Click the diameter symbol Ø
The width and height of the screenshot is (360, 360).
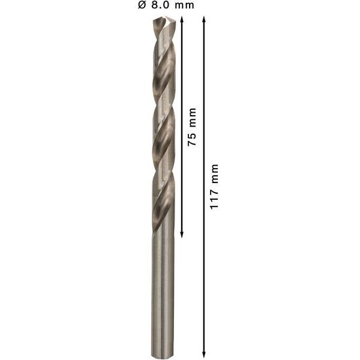pyautogui.click(x=142, y=5)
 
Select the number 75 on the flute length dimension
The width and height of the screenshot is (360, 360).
pyautogui.click(x=192, y=139)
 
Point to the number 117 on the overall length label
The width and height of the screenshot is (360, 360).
pyautogui.click(x=214, y=199)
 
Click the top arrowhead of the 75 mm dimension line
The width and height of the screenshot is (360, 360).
pyautogui.click(x=182, y=19)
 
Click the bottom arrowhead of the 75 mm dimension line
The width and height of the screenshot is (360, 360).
pyautogui.click(x=182, y=235)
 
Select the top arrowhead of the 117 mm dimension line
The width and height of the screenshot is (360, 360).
pyautogui.click(x=203, y=19)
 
